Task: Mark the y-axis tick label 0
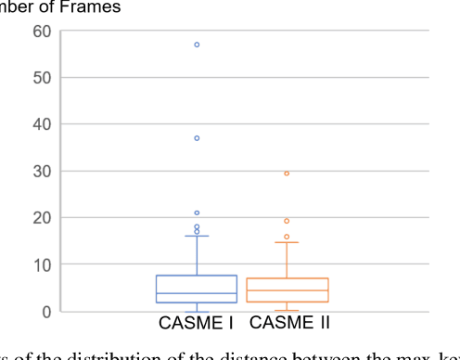[x=45, y=311]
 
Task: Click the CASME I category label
[x=196, y=323]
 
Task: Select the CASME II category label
[x=289, y=323]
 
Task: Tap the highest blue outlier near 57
[x=197, y=45]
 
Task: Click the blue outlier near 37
[x=197, y=138]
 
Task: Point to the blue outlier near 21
[x=197, y=212]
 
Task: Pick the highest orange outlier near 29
[x=287, y=174]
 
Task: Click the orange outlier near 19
[x=287, y=221]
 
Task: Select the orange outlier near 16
[x=287, y=237]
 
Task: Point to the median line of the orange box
[x=287, y=290]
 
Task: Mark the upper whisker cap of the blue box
[x=197, y=236]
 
